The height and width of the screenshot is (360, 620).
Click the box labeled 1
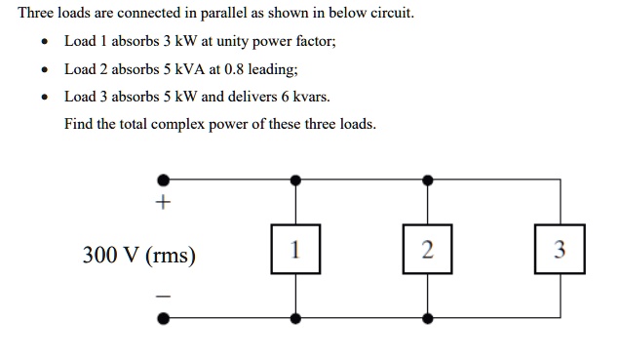(296, 250)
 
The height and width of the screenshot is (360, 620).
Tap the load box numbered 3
(560, 250)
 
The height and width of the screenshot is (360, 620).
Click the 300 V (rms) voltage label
(138, 256)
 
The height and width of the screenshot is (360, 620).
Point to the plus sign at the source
(163, 204)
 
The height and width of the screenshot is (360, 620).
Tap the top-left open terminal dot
(164, 180)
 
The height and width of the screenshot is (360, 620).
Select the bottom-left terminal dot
(164, 317)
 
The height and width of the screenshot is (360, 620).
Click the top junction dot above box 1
(296, 180)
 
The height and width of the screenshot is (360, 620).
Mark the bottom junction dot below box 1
(296, 317)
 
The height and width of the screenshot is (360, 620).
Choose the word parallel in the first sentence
(232, 14)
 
